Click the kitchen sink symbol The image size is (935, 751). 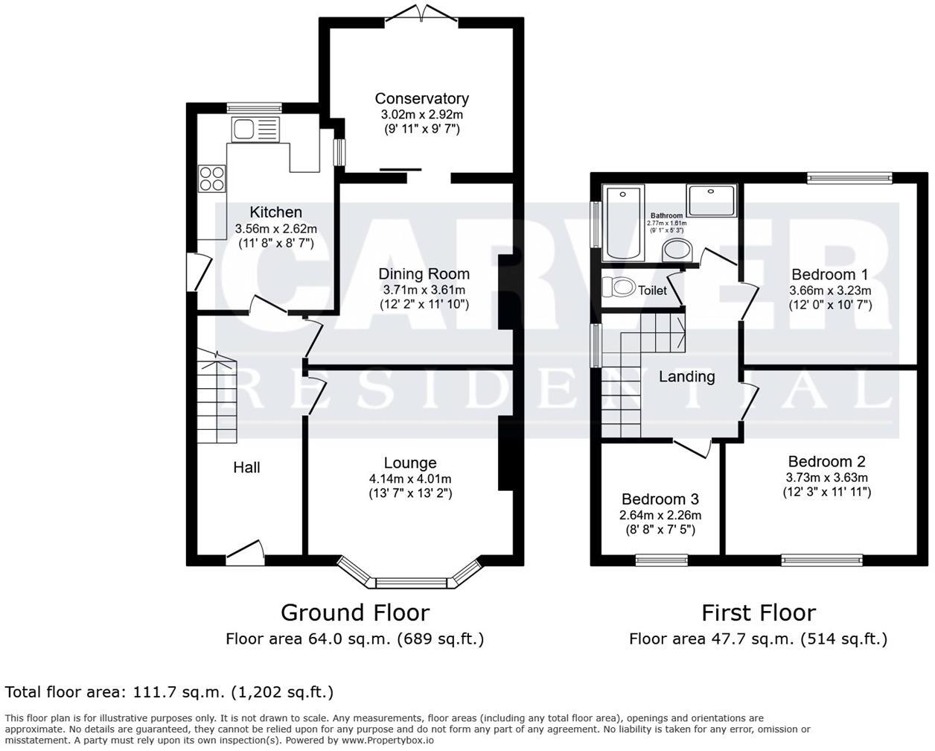tap(255, 129)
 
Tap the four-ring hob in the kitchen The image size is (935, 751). tap(212, 178)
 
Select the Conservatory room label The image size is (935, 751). tap(421, 98)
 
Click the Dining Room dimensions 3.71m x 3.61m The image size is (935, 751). tap(424, 290)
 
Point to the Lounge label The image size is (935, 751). tap(410, 463)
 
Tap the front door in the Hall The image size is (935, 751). tap(246, 553)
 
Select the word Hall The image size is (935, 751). tap(246, 467)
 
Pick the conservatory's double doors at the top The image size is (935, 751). tap(422, 13)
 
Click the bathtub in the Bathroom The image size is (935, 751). tap(623, 223)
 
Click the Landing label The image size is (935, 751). tap(686, 376)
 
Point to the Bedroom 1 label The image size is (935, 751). tap(829, 274)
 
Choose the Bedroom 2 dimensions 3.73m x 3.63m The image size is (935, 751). tap(826, 478)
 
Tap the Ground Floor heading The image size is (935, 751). tap(355, 612)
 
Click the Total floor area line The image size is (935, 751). tap(169, 692)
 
